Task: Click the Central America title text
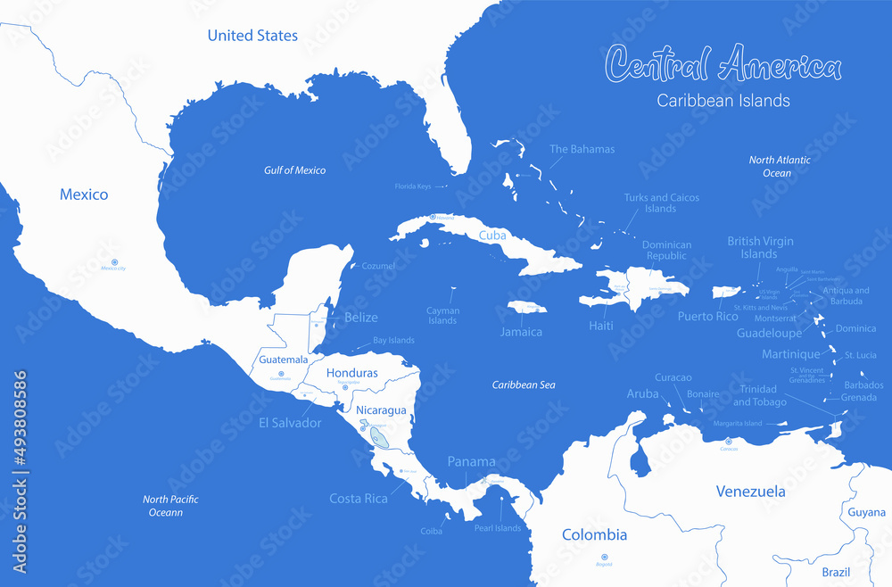pyautogui.click(x=723, y=65)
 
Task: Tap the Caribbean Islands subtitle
pyautogui.click(x=723, y=101)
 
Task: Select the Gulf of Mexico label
pyautogui.click(x=294, y=169)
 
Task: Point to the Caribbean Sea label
pyautogui.click(x=524, y=384)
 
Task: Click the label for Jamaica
pyautogui.click(x=521, y=332)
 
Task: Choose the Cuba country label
pyautogui.click(x=493, y=236)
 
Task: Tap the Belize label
pyautogui.click(x=361, y=317)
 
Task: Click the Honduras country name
pyautogui.click(x=351, y=373)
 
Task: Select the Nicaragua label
pyautogui.click(x=381, y=410)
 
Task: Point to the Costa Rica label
pyautogui.click(x=358, y=499)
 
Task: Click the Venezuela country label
pyautogui.click(x=751, y=492)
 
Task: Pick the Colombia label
pyautogui.click(x=594, y=535)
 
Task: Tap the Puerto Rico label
pyautogui.click(x=707, y=316)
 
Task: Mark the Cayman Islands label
pyautogui.click(x=442, y=316)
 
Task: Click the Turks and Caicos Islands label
pyautogui.click(x=661, y=203)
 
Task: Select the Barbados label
pyautogui.click(x=863, y=384)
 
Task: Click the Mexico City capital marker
pyautogui.click(x=113, y=260)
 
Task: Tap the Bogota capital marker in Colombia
pyautogui.click(x=604, y=557)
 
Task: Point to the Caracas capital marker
pyautogui.click(x=729, y=441)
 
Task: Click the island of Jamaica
pyautogui.click(x=526, y=307)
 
